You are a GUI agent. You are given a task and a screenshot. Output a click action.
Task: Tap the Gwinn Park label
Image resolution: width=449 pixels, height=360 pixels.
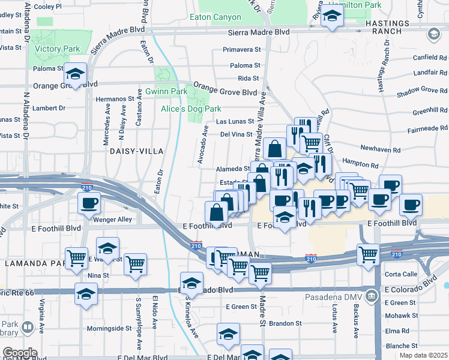pos(166,91)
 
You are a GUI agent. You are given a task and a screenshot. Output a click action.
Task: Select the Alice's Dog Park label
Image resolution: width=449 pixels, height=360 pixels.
pos(191,109)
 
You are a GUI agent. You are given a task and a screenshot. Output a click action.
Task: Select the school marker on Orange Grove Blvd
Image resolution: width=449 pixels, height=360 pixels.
pos(76,74)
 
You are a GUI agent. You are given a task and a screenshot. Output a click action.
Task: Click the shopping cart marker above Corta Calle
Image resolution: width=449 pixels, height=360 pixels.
pos(367,254)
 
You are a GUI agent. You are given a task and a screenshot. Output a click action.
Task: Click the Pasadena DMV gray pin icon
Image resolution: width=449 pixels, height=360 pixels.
pos(372,295)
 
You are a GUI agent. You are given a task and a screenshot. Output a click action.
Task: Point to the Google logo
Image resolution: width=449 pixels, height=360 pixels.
pos(19,352)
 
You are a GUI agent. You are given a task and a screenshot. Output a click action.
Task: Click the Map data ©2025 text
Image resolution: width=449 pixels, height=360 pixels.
pos(424,355)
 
